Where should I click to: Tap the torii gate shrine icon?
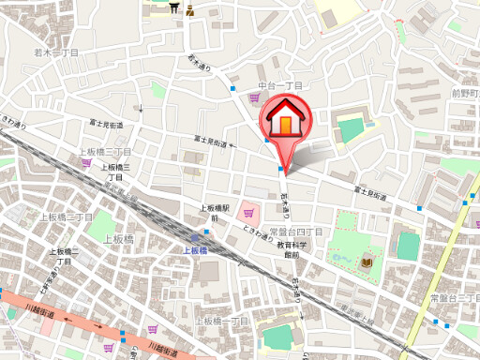(175, 8)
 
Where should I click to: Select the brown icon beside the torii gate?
(190, 9)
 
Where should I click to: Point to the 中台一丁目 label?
(281, 86)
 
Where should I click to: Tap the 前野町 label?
(466, 93)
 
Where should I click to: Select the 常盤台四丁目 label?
(295, 231)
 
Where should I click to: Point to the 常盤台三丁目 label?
(455, 297)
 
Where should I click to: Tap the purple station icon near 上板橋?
(204, 236)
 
